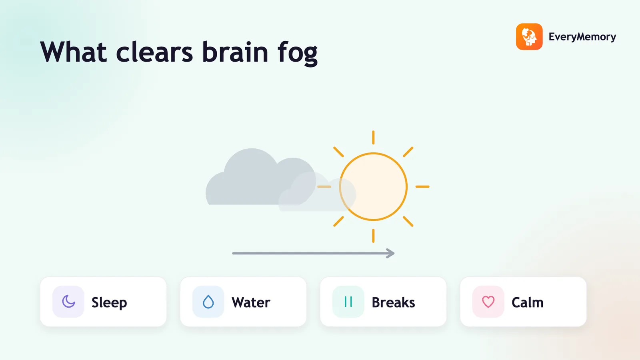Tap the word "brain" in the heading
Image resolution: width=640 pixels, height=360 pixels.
(x=235, y=52)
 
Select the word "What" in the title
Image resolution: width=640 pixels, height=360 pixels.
(x=74, y=52)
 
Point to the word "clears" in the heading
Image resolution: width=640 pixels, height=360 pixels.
(x=154, y=52)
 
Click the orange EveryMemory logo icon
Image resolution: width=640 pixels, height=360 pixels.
(x=529, y=36)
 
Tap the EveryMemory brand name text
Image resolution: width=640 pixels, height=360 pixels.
(x=582, y=37)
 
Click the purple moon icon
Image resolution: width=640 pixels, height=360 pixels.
(x=68, y=302)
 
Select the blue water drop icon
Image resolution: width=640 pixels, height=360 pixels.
(x=208, y=302)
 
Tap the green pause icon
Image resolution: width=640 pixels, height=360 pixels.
(x=348, y=302)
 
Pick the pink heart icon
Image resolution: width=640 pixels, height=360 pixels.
(x=488, y=302)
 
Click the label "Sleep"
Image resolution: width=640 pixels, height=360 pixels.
(x=109, y=303)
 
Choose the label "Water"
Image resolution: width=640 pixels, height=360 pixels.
(x=251, y=302)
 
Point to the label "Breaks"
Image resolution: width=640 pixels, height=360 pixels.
(x=393, y=302)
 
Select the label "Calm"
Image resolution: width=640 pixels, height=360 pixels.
(x=528, y=302)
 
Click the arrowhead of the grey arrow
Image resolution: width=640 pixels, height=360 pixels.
(x=390, y=253)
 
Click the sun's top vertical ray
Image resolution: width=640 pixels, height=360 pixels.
(x=373, y=138)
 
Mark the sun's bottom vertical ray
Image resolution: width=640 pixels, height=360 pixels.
(x=373, y=236)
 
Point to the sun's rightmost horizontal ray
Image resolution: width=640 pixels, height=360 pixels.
(x=422, y=186)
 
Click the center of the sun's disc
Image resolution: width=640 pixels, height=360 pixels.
(x=373, y=186)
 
